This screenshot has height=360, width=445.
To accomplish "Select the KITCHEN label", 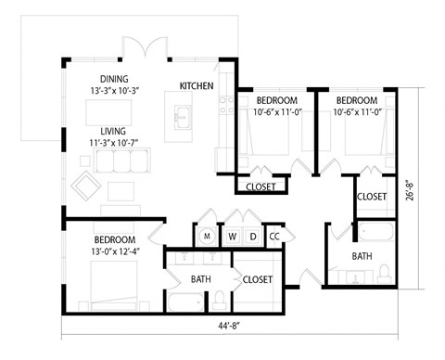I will [197, 86].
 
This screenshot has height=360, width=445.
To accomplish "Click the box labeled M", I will [207, 236].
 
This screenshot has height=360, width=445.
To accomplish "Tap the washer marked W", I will [231, 236].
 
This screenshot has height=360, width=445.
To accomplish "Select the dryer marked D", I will [251, 236].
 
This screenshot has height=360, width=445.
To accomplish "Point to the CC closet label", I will [273, 236].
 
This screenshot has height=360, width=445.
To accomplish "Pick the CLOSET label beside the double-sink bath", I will [257, 278].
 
